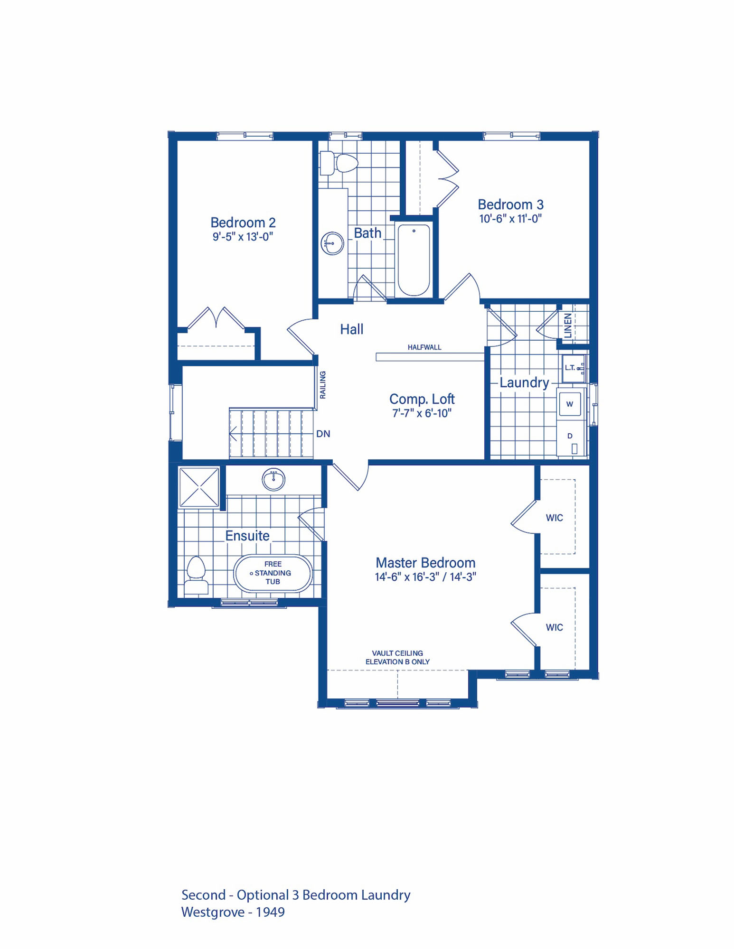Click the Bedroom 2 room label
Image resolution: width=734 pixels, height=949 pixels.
point(243,223)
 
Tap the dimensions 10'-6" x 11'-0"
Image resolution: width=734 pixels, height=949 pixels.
point(510,219)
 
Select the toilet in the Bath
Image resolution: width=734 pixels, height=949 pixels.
point(339,163)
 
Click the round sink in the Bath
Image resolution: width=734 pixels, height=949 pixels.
point(332,243)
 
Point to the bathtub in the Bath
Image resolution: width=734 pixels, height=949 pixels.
point(414,260)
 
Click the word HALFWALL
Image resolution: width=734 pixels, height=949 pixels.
point(424,347)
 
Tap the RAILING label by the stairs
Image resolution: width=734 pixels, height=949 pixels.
point(323,385)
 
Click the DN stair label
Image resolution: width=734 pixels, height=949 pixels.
point(323,434)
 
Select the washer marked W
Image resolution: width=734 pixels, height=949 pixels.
point(570,404)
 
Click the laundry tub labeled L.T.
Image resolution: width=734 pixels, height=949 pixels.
point(574,369)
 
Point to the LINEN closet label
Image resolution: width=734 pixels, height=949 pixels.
point(568,326)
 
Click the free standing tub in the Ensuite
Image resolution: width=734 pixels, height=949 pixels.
point(273,573)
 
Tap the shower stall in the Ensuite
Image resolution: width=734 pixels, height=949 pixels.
point(199,487)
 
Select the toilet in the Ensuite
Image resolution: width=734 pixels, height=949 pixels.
point(197,575)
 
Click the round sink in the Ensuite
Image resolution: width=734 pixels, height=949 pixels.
point(273,479)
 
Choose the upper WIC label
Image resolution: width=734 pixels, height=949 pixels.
point(554,518)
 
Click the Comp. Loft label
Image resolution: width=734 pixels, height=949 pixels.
point(422,399)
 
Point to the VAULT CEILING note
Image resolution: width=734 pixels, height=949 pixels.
point(397,653)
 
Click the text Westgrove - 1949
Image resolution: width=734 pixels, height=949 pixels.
point(233,912)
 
